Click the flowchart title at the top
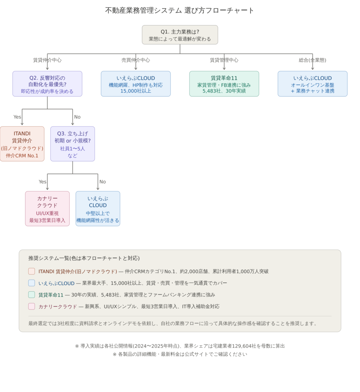point(179,10)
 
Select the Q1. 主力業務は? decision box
point(180,35)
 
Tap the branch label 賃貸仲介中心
point(47,60)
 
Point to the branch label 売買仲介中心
point(136,60)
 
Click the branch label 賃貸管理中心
point(224,60)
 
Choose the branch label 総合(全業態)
point(313,60)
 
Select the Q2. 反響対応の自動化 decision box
point(47,84)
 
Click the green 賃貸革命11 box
point(224,84)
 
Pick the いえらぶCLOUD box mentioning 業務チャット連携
point(313,84)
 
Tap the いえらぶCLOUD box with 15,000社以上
point(136,84)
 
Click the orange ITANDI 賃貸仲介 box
point(22,144)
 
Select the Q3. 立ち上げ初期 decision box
point(73,144)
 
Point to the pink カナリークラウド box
point(47,209)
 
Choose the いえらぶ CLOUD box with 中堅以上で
point(98,209)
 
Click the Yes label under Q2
point(17,117)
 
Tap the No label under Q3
point(103,182)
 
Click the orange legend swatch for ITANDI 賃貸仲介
point(31,271)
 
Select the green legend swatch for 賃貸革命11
point(31,294)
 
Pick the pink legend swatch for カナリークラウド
point(31,306)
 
